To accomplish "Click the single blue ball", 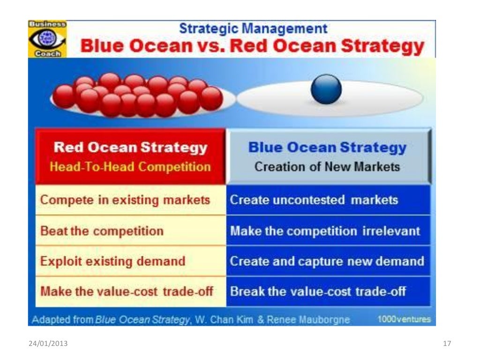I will [x=326, y=89].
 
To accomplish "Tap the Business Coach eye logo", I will [x=47, y=39].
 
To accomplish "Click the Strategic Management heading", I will [x=253, y=28].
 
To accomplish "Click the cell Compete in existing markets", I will [x=125, y=200].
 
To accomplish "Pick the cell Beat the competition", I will [x=102, y=231].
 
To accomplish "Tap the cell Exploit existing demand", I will [x=113, y=261].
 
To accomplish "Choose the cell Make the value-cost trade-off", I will [x=127, y=291].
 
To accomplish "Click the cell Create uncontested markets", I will [x=314, y=200].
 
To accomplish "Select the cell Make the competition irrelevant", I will [x=325, y=231].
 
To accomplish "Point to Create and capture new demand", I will [x=327, y=261].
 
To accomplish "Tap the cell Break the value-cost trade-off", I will [x=317, y=291].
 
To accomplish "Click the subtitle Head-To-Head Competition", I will [x=130, y=167].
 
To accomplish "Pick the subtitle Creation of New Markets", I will [x=327, y=167].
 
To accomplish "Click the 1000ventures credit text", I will [x=404, y=320].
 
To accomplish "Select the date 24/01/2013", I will [x=48, y=344].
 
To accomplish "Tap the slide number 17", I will [x=447, y=344].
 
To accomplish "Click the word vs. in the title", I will [x=213, y=46].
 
